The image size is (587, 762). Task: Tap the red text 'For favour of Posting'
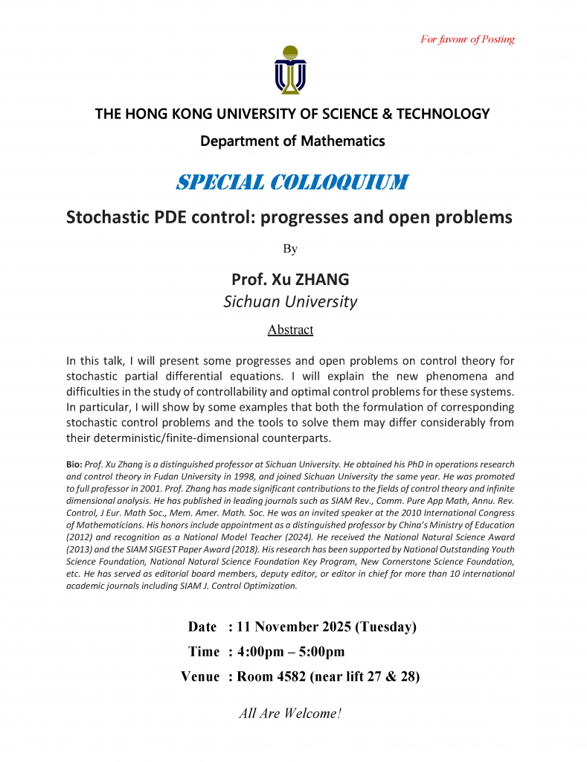pos(467,39)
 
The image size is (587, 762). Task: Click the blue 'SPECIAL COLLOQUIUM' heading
pos(292,182)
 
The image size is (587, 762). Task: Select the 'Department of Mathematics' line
pos(292,141)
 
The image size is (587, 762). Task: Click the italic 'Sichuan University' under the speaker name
pos(290,301)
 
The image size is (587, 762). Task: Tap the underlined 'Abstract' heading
pos(290,330)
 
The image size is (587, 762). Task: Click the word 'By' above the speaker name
pos(290,249)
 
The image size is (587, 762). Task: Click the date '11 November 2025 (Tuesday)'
pos(326,627)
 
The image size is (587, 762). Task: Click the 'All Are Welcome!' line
pos(290,714)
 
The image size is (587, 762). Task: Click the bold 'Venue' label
pos(200,676)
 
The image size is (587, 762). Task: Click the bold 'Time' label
pos(204,652)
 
